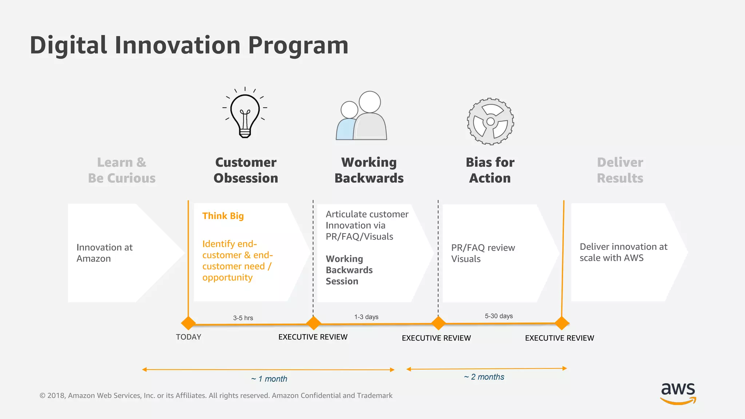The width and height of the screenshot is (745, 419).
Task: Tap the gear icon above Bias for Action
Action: click(490, 121)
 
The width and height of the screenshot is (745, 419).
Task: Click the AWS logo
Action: click(678, 393)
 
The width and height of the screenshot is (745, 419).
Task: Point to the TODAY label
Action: click(188, 337)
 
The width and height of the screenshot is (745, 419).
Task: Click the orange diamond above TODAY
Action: click(188, 323)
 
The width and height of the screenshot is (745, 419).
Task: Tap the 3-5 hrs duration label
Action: click(243, 318)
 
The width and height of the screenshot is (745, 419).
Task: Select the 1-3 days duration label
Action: click(366, 317)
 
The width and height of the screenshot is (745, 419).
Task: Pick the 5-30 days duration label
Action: click(499, 316)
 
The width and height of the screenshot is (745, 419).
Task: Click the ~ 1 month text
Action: click(269, 379)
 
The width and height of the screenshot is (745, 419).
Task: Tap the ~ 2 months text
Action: click(484, 377)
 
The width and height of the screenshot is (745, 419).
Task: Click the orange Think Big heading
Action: click(223, 216)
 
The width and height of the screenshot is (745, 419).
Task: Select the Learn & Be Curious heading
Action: click(121, 170)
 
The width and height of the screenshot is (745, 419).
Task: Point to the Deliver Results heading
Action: click(620, 170)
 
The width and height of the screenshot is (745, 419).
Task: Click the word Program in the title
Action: click(298, 46)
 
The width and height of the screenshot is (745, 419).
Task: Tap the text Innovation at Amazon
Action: click(104, 253)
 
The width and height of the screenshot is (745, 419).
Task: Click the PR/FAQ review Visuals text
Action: click(483, 253)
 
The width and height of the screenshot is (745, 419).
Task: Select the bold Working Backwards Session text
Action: click(349, 270)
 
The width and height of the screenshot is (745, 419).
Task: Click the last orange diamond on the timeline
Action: click(562, 323)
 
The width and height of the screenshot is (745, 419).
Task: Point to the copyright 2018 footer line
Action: click(216, 395)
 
